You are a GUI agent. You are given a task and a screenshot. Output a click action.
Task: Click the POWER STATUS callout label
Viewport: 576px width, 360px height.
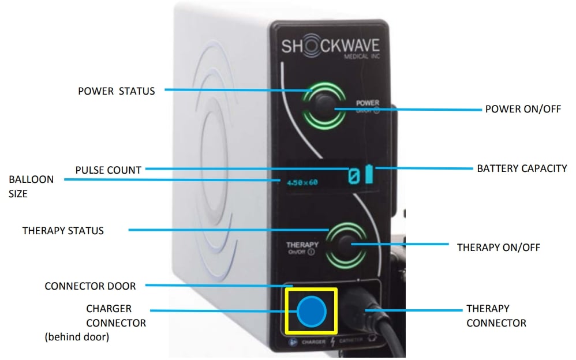point(116,91)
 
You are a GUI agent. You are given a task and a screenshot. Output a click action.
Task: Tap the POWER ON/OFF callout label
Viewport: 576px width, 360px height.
point(523,109)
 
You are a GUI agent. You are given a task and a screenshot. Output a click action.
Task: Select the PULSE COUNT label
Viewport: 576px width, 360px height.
point(109,170)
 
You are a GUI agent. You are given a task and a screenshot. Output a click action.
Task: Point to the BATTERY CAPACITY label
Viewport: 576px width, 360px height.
point(522,169)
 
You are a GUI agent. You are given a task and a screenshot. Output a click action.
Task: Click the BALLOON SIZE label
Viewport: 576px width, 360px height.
point(31,186)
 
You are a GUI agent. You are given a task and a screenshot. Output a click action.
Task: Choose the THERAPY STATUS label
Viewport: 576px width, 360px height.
point(63,231)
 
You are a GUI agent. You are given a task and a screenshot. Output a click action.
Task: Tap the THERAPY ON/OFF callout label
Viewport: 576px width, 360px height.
point(499,247)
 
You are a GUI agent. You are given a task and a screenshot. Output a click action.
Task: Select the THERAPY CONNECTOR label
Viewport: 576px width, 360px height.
point(496,316)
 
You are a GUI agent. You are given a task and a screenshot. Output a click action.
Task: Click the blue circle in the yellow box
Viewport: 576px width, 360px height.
point(312,312)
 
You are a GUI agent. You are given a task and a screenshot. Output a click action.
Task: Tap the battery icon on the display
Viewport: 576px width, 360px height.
point(369,175)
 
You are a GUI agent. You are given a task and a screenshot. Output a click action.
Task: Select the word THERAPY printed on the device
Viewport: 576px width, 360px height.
point(302,245)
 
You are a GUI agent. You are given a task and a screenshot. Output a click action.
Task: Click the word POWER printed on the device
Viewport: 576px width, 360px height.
point(367,103)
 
